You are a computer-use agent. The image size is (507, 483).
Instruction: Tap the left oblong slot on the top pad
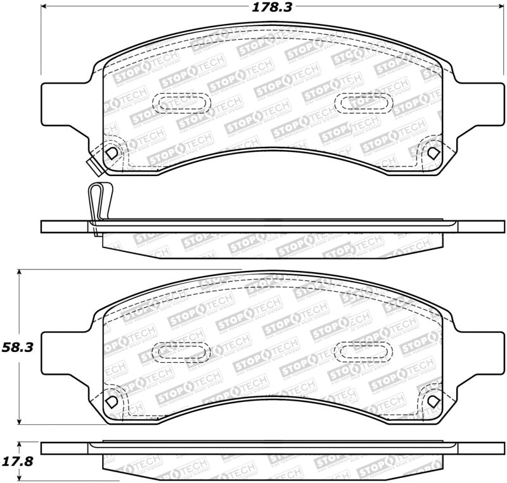[x=181, y=101]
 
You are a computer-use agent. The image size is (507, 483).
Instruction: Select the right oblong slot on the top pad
[x=364, y=101]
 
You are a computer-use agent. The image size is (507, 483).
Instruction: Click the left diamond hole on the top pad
[x=112, y=153]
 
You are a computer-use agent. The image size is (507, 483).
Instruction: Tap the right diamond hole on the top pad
[x=433, y=153]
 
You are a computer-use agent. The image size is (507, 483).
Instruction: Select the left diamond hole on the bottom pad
[x=112, y=401]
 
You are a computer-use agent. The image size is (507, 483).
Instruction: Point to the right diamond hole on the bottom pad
[x=433, y=401]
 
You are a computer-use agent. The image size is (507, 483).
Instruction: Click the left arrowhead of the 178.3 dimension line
[x=46, y=8]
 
